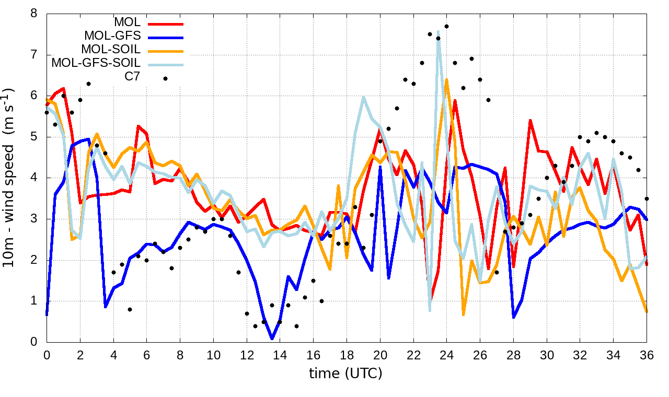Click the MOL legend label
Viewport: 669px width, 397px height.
(128, 22)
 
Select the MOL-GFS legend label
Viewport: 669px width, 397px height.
(112, 36)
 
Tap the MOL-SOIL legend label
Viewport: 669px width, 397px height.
(111, 50)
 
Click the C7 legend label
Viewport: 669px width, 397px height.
(132, 77)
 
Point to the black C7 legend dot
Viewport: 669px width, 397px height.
(165, 78)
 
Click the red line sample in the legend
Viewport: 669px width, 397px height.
(166, 24)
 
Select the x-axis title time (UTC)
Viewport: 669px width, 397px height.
(345, 373)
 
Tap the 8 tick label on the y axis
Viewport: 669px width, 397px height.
(34, 14)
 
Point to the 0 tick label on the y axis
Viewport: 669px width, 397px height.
(34, 342)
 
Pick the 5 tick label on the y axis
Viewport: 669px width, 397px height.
(34, 137)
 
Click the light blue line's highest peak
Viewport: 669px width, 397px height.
(438, 31)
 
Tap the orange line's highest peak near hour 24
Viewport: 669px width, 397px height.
(446, 79)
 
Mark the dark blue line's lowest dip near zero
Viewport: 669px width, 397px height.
(272, 338)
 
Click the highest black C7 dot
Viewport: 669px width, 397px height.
(446, 26)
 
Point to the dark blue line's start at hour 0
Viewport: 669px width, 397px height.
(47, 315)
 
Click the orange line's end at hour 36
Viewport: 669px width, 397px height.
(647, 312)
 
